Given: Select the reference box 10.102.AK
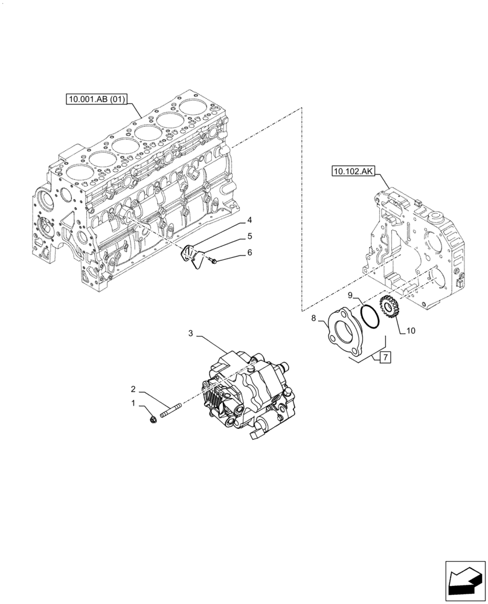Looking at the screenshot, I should point(353,172).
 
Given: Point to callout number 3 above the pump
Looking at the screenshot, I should point(191,333).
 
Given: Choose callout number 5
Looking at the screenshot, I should point(249,236).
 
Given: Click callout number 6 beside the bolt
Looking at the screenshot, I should point(249,253).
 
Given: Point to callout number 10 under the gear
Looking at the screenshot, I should point(411,331).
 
